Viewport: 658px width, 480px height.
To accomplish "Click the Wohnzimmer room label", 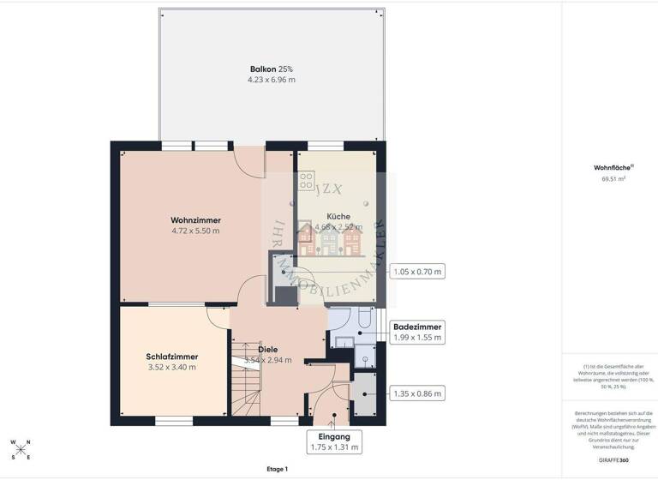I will [x=195, y=219].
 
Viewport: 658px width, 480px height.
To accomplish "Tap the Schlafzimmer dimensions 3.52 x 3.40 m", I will [x=171, y=367].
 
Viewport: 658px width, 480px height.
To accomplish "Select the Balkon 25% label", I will [x=272, y=69].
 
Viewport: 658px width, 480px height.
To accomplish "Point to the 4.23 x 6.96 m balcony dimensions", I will [x=272, y=80].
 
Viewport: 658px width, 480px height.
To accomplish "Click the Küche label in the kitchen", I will [x=338, y=216].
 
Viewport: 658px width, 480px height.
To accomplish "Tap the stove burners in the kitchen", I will [x=306, y=182].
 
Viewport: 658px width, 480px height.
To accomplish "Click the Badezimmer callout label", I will [x=417, y=327].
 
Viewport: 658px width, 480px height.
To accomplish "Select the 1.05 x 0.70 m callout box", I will [x=417, y=273].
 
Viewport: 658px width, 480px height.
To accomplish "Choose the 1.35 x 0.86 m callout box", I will [x=417, y=393].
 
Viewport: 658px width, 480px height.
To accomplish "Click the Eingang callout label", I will [x=333, y=436].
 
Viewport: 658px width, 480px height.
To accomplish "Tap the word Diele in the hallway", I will [x=268, y=349].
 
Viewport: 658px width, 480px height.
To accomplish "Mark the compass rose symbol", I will [x=21, y=449].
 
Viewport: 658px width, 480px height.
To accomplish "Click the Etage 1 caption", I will [x=278, y=469].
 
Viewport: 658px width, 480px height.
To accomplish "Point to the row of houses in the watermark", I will [x=331, y=240].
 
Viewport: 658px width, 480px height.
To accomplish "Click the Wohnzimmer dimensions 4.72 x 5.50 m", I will [x=195, y=231].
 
